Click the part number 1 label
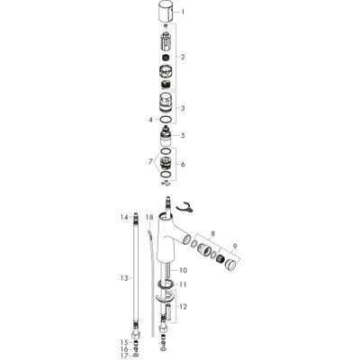pyautogui.click(x=183, y=13)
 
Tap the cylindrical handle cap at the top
pyautogui.click(x=165, y=12)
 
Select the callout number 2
pyautogui.click(x=183, y=57)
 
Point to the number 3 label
pyautogui.click(x=183, y=108)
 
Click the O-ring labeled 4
pyautogui.click(x=166, y=120)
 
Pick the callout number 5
pyautogui.click(x=183, y=135)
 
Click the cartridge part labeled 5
pyautogui.click(x=166, y=136)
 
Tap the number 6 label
pyautogui.click(x=183, y=165)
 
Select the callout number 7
pyautogui.click(x=150, y=162)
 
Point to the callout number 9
pyautogui.click(x=235, y=246)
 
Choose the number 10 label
pyautogui.click(x=183, y=270)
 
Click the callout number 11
pyautogui.click(x=183, y=284)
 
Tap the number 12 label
pyautogui.click(x=183, y=307)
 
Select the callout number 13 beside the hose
pyautogui.click(x=124, y=278)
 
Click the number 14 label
pyautogui.click(x=124, y=217)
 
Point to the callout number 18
pyautogui.click(x=149, y=217)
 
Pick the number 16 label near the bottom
pyautogui.click(x=124, y=349)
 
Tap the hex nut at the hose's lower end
pyautogui.click(x=135, y=334)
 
